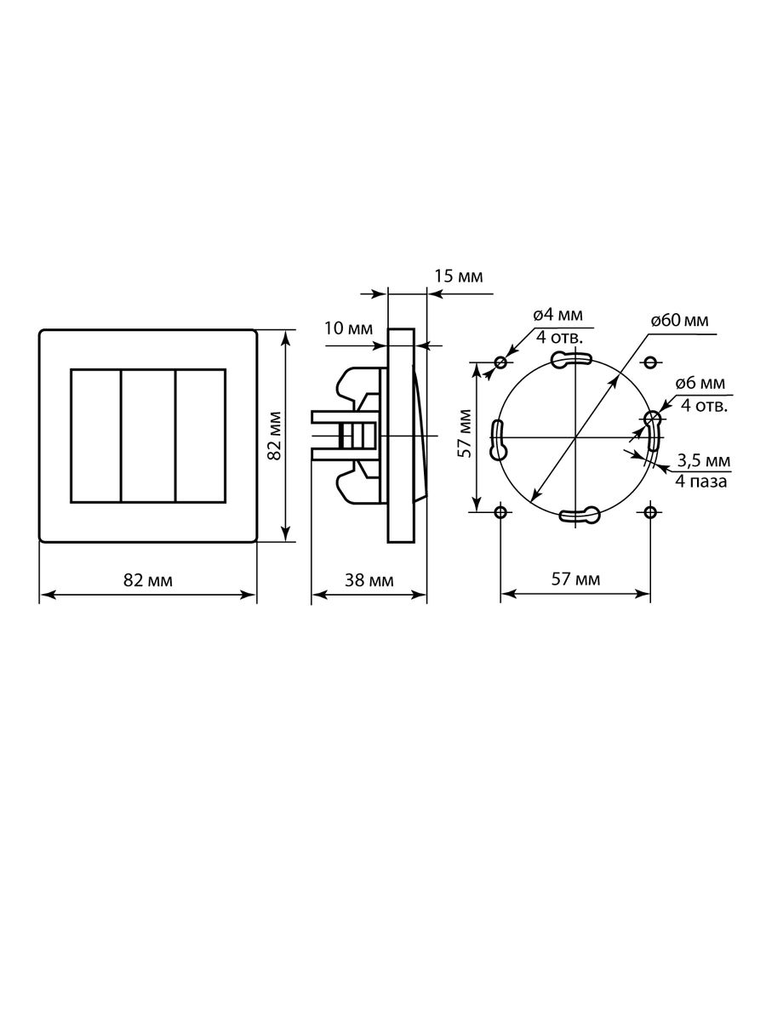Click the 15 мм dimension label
(459, 277)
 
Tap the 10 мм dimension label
(348, 328)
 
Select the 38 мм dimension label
(369, 580)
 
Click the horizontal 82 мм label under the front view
(148, 580)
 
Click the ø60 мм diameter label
(679, 321)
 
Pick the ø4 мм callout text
(557, 315)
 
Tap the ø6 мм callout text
(700, 383)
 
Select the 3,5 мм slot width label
(704, 460)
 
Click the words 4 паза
(700, 482)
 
